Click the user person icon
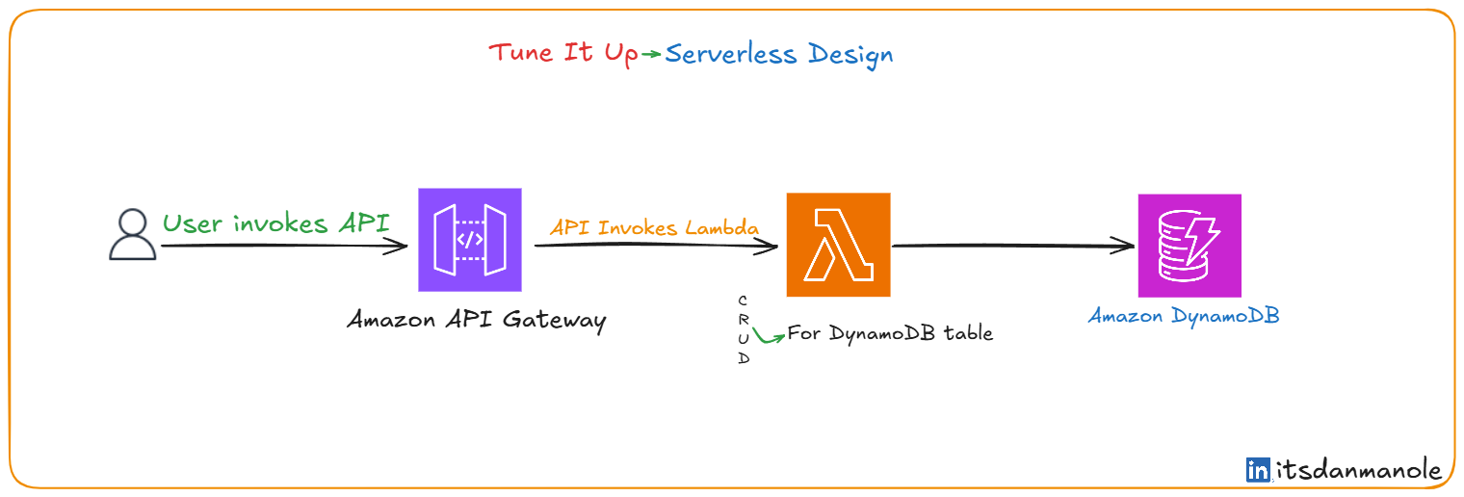[133, 234]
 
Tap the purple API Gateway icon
[470, 240]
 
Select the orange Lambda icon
[839, 245]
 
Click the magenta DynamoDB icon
[1189, 246]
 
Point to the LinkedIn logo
[1258, 469]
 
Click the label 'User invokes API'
[275, 223]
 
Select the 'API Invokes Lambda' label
[654, 227]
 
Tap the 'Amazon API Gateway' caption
[477, 321]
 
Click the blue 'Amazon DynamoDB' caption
[1184, 317]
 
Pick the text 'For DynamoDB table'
[890, 333]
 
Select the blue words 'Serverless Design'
[779, 55]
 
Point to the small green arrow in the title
[651, 54]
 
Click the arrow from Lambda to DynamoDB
[1013, 246]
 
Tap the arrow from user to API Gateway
[284, 246]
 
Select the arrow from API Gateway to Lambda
[656, 246]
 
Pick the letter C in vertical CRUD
[743, 301]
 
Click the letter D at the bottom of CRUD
[744, 358]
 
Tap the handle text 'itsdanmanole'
[1358, 470]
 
